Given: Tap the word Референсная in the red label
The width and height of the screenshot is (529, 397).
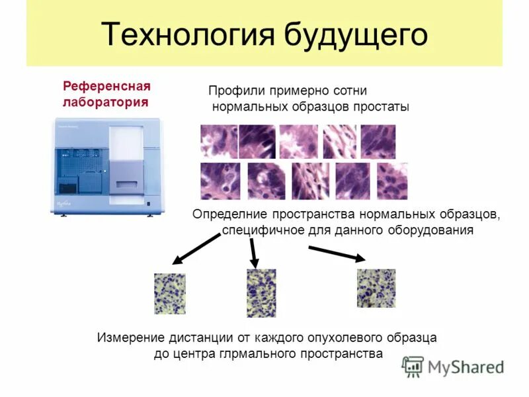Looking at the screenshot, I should [x=106, y=87].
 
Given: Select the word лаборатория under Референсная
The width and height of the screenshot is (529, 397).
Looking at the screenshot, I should [x=105, y=103].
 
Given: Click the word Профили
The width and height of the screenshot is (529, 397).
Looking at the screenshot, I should [x=237, y=91].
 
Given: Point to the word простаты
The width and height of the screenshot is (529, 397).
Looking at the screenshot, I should [x=384, y=107].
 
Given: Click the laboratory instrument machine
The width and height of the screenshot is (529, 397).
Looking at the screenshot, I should [x=105, y=166].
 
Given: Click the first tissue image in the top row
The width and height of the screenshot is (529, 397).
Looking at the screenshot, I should [x=219, y=142].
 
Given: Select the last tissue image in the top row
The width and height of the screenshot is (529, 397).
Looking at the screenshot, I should [x=378, y=142].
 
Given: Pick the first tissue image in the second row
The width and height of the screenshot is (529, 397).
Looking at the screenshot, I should [x=220, y=181].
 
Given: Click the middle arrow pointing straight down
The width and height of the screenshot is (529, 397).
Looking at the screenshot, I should [x=253, y=251].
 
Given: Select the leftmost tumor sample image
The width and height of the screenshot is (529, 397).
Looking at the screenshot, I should [x=170, y=293].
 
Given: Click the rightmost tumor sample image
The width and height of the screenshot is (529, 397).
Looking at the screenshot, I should [x=376, y=288].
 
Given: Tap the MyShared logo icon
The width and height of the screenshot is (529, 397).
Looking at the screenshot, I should [x=413, y=367].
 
